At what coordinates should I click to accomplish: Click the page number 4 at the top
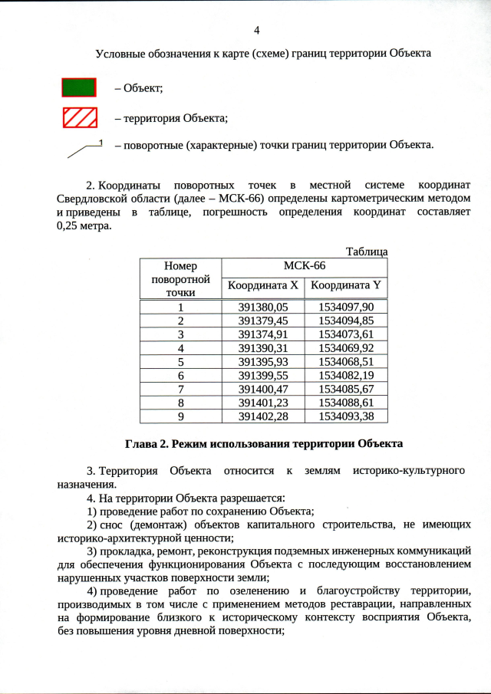click(x=256, y=30)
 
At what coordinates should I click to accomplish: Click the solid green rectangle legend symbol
click(x=79, y=87)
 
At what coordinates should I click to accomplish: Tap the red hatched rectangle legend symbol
click(x=79, y=117)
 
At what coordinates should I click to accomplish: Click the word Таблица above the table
click(x=367, y=251)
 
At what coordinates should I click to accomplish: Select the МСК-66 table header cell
click(x=304, y=265)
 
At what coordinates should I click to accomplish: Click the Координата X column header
click(x=262, y=286)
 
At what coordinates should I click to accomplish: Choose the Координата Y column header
click(x=345, y=286)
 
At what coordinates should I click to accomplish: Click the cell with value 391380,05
click(x=262, y=306)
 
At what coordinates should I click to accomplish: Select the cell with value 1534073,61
click(x=345, y=334)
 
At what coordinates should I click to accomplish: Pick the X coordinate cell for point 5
click(x=262, y=361)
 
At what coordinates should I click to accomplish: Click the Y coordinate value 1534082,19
click(x=345, y=375)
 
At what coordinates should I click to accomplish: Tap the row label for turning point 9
click(x=180, y=416)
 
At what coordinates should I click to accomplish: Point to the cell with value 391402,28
click(x=262, y=416)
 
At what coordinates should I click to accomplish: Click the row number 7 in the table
click(x=180, y=389)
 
